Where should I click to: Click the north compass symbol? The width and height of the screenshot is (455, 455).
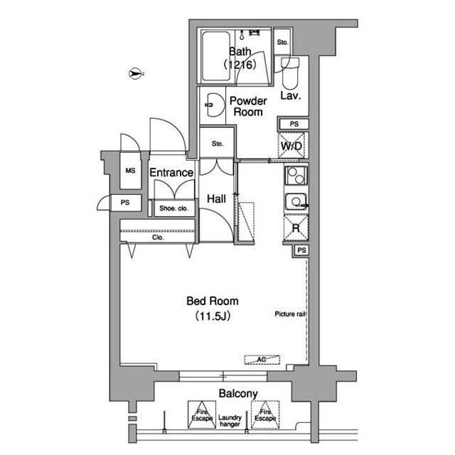(x=134, y=73)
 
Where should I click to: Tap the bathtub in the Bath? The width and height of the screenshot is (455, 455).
(x=216, y=56)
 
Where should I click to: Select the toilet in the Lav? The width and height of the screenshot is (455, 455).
(x=290, y=73)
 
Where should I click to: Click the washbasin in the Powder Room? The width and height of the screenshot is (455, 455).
(x=214, y=105)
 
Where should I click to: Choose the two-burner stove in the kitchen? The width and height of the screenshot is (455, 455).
(x=296, y=176)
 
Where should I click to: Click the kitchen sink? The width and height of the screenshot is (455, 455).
(x=296, y=201)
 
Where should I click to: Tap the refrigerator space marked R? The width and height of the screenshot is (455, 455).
(x=296, y=227)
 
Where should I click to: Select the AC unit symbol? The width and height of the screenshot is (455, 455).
(x=262, y=360)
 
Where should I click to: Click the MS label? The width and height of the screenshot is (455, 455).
(x=130, y=171)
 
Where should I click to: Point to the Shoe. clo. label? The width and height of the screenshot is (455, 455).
(x=173, y=208)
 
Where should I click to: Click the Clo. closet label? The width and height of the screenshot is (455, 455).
(x=158, y=237)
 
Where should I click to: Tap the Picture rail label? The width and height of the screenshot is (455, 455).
(x=290, y=314)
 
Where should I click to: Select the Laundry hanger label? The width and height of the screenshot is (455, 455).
(x=230, y=421)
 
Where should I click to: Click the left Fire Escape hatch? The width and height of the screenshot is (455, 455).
(x=202, y=414)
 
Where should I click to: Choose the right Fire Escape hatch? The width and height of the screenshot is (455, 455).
(x=265, y=414)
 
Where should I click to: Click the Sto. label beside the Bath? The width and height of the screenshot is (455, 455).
(x=282, y=43)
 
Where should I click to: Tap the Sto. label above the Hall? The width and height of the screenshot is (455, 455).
(x=218, y=144)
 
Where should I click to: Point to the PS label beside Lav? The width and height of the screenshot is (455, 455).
(x=294, y=124)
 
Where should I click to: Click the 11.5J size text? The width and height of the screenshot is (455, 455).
(x=213, y=316)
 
